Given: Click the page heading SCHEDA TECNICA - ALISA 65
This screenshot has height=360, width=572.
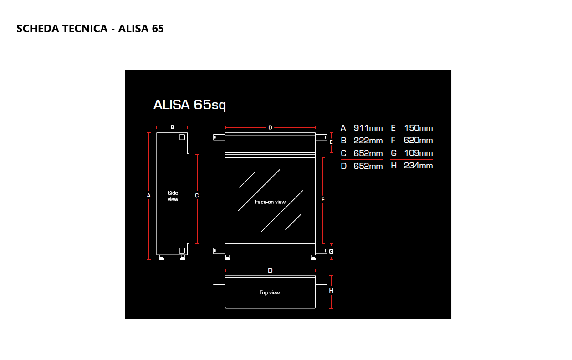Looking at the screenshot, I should [x=90, y=29].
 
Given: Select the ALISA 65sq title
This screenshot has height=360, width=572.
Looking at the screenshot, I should [x=189, y=105].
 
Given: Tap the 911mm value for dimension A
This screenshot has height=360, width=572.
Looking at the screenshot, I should [x=368, y=128].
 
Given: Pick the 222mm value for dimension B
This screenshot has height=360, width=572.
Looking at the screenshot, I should [x=368, y=141].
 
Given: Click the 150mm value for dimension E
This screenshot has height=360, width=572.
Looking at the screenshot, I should [x=418, y=128].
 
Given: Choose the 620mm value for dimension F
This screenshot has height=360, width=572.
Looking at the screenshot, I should [x=418, y=141].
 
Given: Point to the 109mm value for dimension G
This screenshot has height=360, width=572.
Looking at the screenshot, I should [x=418, y=153].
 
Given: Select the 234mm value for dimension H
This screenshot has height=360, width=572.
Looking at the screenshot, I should [x=418, y=166].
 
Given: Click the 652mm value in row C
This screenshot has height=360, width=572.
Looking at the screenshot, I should [x=368, y=153].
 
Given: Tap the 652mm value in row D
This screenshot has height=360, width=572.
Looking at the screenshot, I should [x=368, y=166].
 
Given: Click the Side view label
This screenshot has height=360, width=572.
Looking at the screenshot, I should [x=173, y=196].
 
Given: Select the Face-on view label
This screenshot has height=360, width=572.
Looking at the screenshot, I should [x=270, y=202].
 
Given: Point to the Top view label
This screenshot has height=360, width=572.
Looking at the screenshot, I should [x=270, y=293].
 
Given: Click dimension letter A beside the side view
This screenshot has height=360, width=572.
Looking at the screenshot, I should [x=149, y=195].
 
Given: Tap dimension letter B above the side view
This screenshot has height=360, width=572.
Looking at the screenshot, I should [x=172, y=127].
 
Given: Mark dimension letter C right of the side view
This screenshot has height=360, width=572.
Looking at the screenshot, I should [x=197, y=195].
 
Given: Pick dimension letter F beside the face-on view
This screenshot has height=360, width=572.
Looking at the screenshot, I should [x=323, y=199].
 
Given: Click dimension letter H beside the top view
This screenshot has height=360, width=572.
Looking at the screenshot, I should [x=332, y=290].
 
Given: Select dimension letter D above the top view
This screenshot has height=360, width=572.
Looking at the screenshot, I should [x=270, y=270].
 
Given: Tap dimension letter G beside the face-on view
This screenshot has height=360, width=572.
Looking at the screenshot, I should [x=332, y=251].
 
